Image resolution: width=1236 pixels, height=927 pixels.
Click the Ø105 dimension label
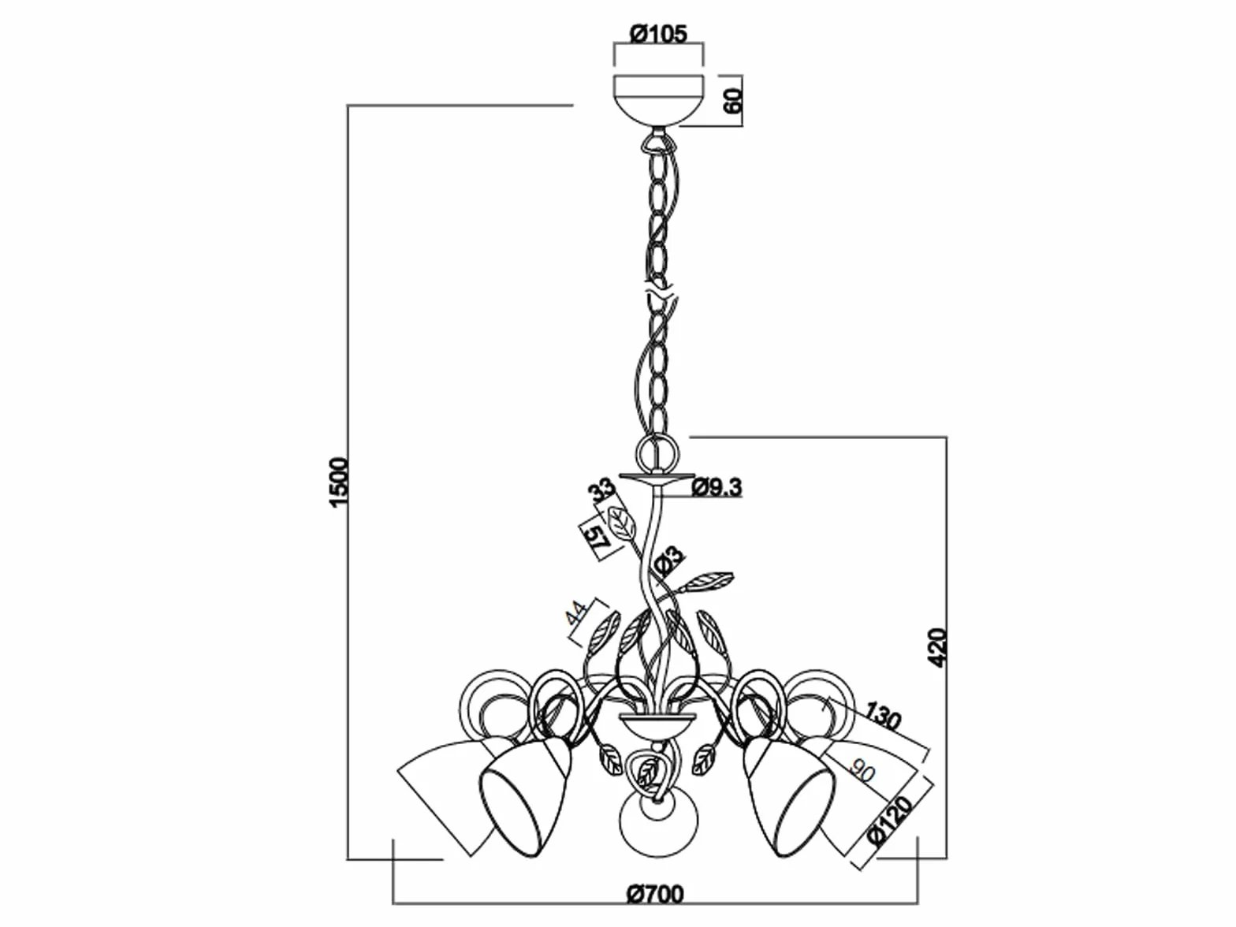tap(658, 35)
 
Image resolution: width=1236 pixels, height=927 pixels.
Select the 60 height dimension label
tap(732, 100)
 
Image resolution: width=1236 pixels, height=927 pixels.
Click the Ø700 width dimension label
tap(656, 893)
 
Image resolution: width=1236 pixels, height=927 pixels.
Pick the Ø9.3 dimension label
tap(717, 487)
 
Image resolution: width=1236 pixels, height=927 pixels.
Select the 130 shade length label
tap(882, 716)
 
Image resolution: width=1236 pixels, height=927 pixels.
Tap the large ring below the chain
tap(657, 452)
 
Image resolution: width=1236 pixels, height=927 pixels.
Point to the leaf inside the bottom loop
tap(648, 773)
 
